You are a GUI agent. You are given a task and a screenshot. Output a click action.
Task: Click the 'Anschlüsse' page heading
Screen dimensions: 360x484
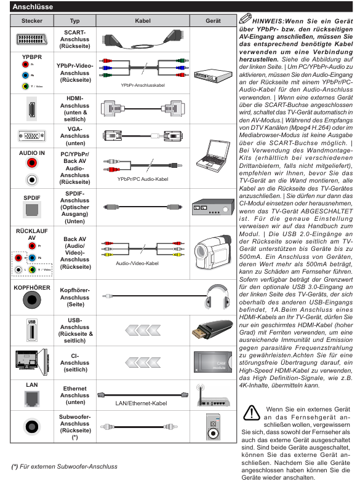[33, 7]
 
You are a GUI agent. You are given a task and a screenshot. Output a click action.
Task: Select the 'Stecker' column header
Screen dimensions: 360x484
[32, 21]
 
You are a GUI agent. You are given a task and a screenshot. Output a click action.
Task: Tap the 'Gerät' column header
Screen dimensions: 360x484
[213, 21]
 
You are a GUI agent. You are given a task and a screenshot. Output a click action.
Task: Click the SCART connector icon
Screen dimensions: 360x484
[32, 39]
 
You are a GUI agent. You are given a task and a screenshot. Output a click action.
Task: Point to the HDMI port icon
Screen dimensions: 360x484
[31, 109]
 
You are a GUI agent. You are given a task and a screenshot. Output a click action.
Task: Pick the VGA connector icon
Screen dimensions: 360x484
[32, 136]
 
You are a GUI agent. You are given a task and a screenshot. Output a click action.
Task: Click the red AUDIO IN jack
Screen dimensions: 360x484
[32, 163]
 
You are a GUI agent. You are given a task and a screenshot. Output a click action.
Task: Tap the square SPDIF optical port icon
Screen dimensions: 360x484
[32, 210]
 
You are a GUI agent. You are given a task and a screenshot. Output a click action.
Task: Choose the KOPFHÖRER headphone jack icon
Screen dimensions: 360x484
[32, 300]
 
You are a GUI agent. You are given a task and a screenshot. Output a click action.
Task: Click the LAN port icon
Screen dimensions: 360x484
[32, 399]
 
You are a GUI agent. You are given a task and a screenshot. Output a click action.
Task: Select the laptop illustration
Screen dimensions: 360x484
[214, 155]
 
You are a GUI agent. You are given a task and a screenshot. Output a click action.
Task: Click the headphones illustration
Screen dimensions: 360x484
[218, 296]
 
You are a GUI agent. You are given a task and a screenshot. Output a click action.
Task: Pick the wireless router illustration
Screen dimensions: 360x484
[213, 395]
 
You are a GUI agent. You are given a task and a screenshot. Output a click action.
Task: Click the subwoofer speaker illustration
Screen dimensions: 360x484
[214, 427]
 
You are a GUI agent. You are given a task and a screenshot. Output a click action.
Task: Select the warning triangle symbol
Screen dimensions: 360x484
[252, 413]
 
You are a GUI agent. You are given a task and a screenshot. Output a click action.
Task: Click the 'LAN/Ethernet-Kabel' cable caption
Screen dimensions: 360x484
[141, 403]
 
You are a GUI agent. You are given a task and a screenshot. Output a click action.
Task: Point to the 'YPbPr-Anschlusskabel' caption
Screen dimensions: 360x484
[143, 85]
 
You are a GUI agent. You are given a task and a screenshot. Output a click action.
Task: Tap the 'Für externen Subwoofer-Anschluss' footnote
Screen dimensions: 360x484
[64, 466]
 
